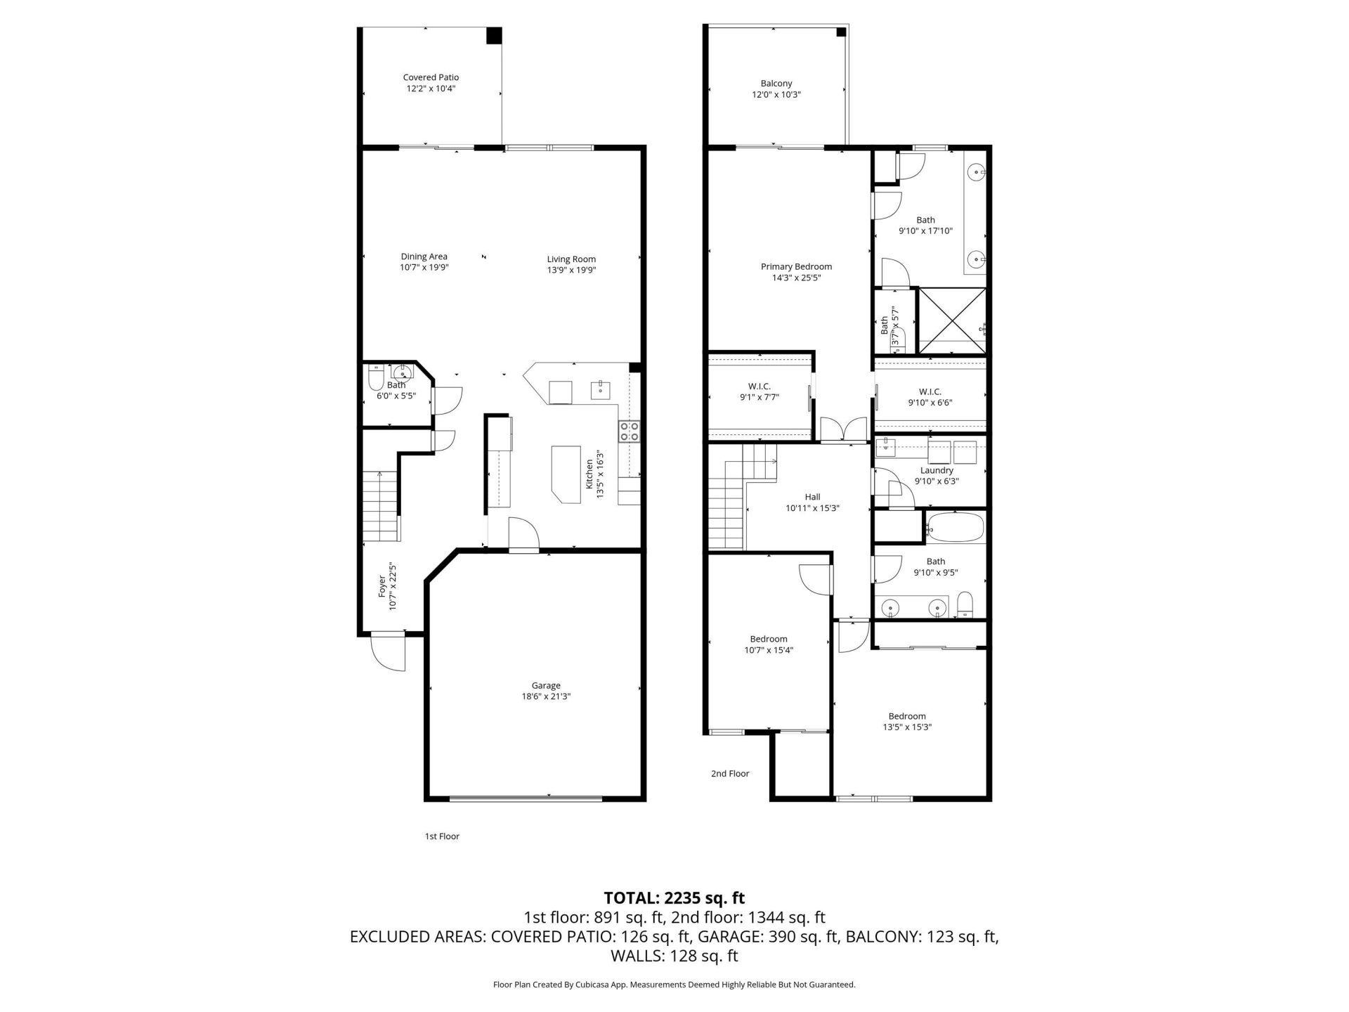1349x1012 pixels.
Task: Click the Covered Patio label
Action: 431,77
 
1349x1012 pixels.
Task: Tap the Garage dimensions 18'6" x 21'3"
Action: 546,697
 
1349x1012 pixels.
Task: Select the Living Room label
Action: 571,259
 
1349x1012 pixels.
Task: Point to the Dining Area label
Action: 424,257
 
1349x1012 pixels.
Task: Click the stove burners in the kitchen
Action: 629,431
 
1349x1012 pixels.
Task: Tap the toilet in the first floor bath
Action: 375,381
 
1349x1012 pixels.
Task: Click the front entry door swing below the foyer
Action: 389,652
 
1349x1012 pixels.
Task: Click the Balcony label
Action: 776,84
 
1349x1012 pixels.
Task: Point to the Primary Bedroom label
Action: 796,266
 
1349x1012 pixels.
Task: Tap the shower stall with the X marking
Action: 952,320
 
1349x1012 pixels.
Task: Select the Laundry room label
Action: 937,470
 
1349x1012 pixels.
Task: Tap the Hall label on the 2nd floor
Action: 812,497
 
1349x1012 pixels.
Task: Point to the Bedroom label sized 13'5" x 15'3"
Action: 906,716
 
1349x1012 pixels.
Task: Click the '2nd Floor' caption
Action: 730,774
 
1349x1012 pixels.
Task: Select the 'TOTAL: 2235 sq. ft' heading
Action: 674,897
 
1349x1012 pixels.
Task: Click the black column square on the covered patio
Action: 495,35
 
